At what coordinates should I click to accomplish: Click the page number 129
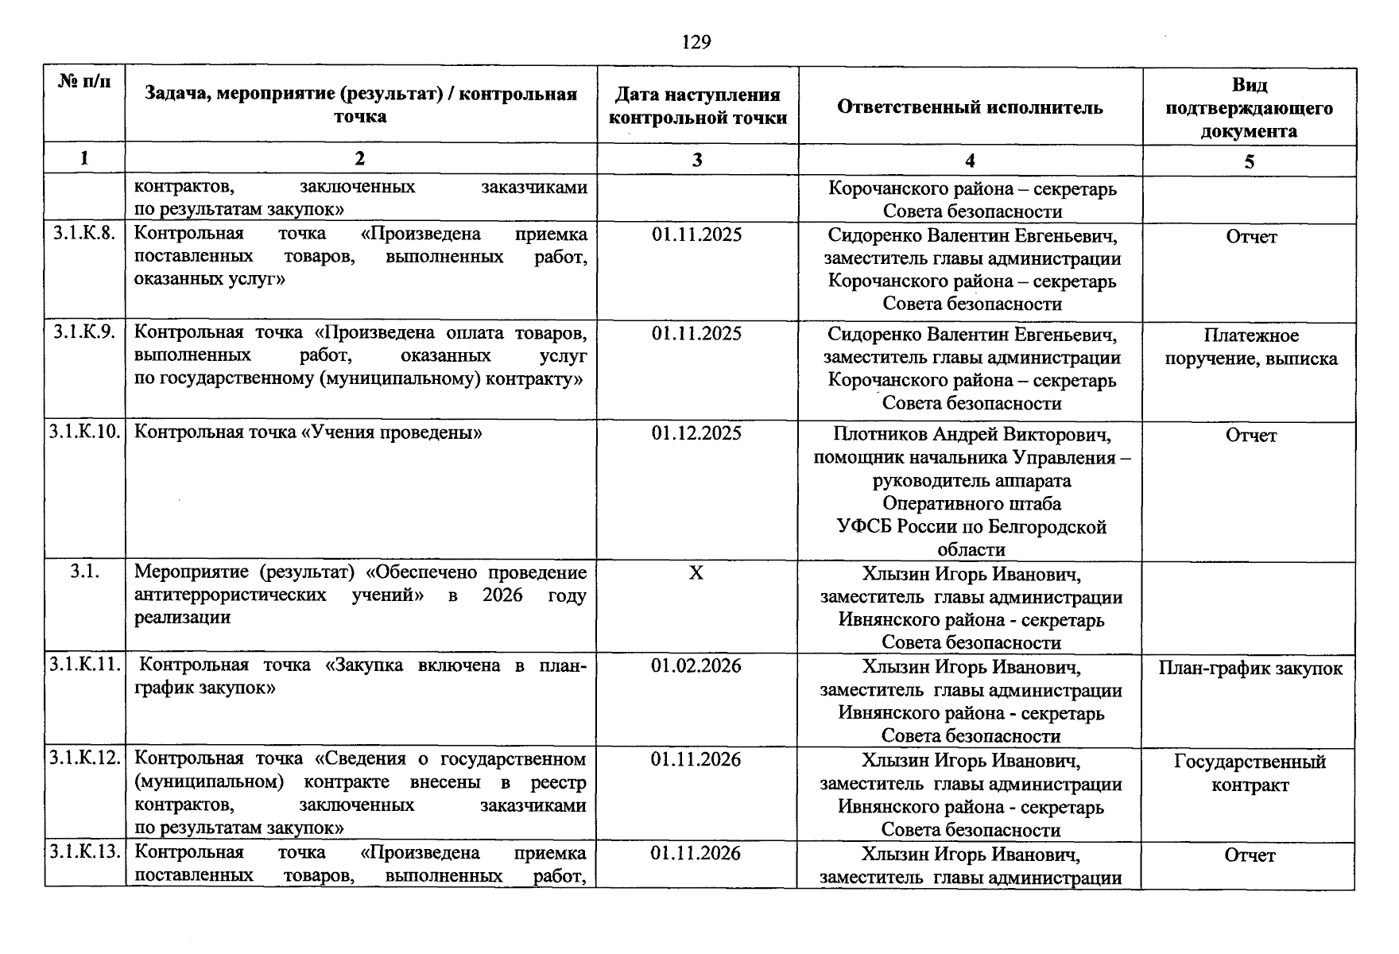pos(696,42)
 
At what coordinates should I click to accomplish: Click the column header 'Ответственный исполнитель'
pos(970,107)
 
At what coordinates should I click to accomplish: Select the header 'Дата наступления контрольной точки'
pos(697,107)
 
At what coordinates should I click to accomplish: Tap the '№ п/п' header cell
pos(84,82)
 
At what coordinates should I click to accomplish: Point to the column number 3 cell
pos(697,160)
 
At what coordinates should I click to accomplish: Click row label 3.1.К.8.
pos(84,234)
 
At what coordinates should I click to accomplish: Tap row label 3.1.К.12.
pos(84,758)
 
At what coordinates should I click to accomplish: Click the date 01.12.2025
pos(696,433)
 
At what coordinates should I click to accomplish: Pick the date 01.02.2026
pos(696,665)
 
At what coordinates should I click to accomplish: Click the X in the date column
pos(696,573)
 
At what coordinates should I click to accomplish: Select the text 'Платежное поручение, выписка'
pos(1250,347)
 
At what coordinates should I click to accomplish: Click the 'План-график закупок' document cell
pos(1250,669)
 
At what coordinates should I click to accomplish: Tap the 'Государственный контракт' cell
pos(1250,774)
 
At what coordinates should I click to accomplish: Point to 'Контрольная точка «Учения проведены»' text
pos(308,432)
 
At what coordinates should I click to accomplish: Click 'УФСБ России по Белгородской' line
pos(971,526)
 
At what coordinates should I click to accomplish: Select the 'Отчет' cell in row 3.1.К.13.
pos(1250,855)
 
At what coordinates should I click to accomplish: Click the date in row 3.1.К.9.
pos(696,334)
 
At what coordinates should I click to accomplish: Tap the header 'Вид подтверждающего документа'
pos(1249,107)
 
